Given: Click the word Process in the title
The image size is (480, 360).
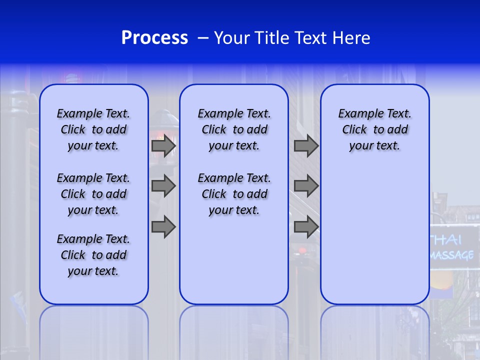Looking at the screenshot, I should click(154, 38).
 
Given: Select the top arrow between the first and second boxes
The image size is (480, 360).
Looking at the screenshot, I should click(163, 146).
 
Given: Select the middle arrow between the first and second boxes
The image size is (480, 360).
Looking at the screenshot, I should click(163, 186).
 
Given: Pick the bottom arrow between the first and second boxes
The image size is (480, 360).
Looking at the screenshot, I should click(163, 227).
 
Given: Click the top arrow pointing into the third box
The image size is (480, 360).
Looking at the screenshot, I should click(306, 146).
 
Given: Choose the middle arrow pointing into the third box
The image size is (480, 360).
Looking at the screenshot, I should click(306, 186).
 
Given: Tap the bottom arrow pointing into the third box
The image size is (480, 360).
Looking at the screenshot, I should click(306, 227).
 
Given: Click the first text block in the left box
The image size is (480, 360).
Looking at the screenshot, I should click(93, 129).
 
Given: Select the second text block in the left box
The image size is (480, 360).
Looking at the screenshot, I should click(93, 194).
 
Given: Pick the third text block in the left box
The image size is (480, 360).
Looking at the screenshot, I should click(93, 255).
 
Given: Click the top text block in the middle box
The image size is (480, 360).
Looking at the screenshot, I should click(234, 129).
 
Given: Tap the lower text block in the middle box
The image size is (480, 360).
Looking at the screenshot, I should click(234, 194).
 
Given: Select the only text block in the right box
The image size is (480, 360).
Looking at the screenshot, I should click(374, 129).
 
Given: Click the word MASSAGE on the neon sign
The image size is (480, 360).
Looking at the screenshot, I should click(452, 255).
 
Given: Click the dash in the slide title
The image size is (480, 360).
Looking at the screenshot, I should click(202, 38).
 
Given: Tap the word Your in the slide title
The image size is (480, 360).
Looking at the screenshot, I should click(232, 38).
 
